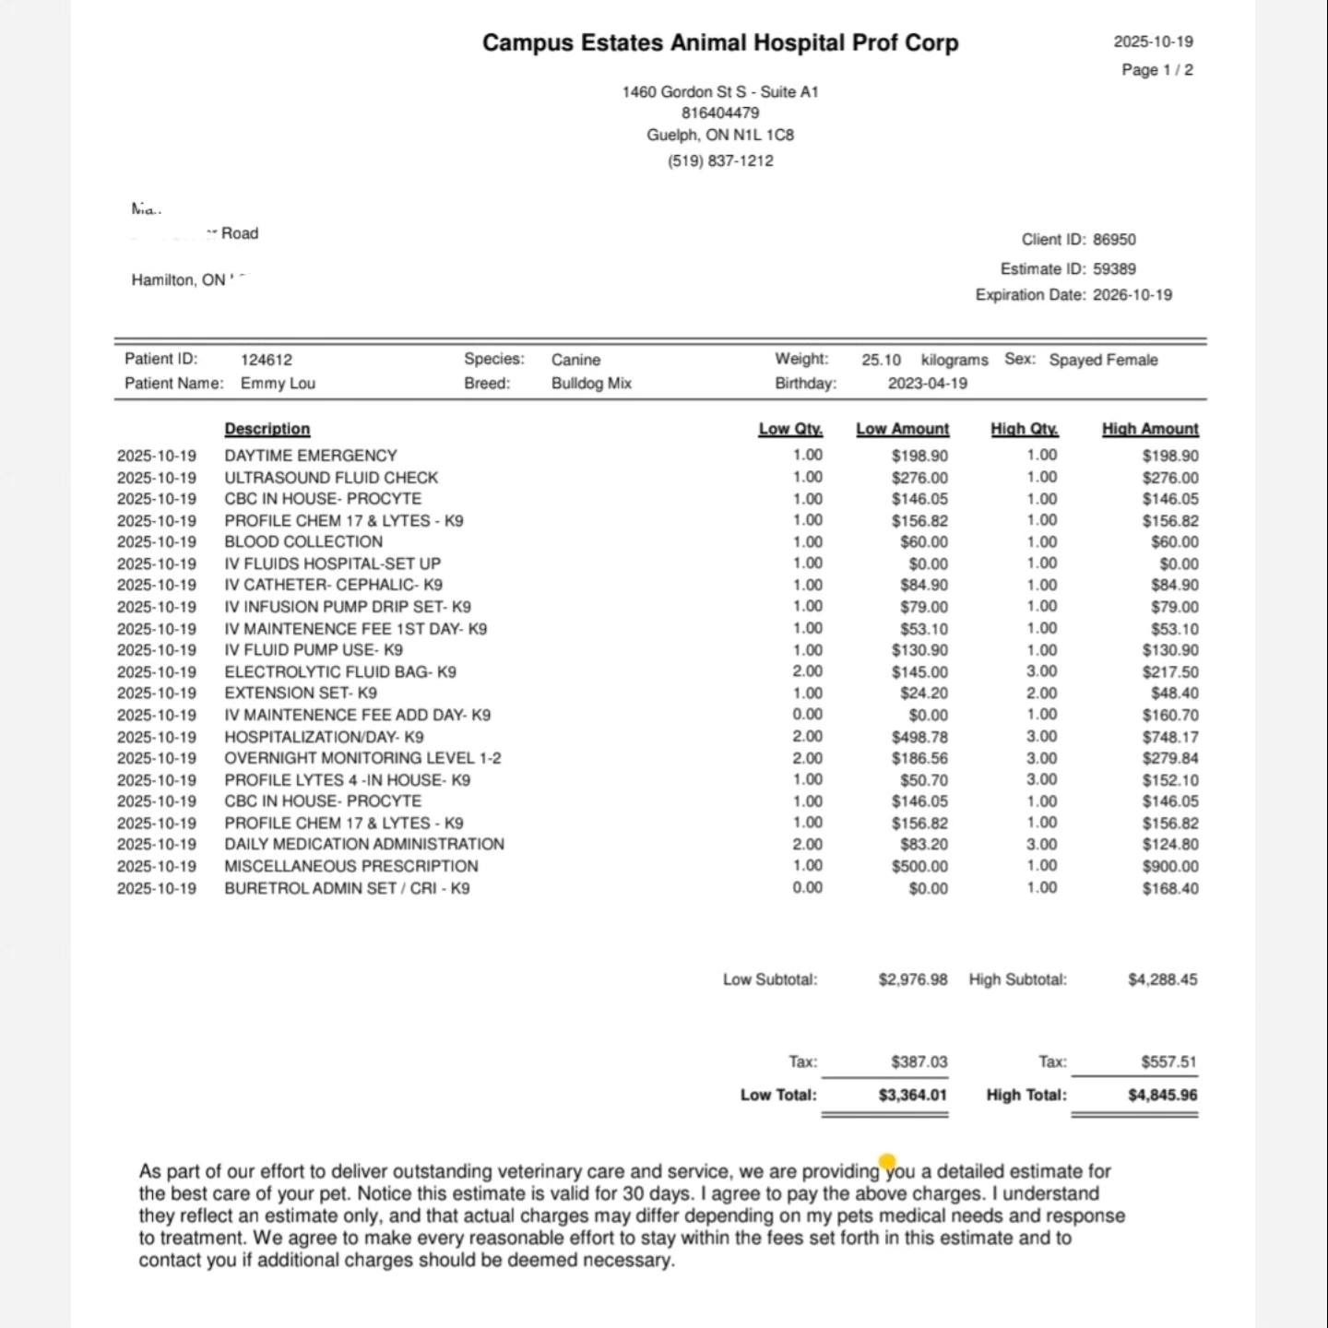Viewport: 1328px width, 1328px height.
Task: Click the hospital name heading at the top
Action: pos(720,43)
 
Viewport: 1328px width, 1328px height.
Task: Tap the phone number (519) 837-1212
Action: pos(720,160)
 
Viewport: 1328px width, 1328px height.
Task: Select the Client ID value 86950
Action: pos(1114,240)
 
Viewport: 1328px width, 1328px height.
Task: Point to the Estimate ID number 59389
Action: pos(1114,269)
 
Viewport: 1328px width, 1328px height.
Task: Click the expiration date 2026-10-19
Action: pos(1132,295)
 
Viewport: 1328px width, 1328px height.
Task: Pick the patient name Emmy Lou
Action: pos(278,384)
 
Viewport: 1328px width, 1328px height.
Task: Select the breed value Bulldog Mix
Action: pos(591,384)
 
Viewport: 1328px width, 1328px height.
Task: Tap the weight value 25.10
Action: pos(881,360)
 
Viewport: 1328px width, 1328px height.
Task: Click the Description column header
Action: pos(267,429)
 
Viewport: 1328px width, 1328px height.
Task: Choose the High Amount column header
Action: pos(1150,429)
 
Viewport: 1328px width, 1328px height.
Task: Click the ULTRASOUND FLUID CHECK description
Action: pos(331,478)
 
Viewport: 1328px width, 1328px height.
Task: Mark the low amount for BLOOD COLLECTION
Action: pos(923,542)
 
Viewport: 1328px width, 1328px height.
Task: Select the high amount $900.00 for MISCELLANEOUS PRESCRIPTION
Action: pos(1170,867)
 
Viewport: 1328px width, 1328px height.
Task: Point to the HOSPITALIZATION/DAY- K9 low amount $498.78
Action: pos(919,738)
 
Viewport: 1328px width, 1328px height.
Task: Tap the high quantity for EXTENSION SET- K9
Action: pos(1042,694)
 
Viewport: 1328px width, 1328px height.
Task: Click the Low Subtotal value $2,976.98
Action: pos(912,979)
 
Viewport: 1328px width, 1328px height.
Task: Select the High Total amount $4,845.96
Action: pos(1162,1096)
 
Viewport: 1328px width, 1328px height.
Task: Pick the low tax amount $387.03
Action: pos(919,1062)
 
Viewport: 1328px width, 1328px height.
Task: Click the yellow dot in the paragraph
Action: pos(887,1161)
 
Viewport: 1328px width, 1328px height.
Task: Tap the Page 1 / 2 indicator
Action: pos(1156,70)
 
